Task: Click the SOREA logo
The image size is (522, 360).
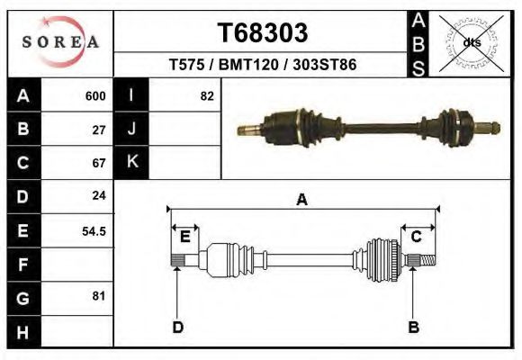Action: coord(60,41)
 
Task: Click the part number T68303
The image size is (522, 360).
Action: coord(263,33)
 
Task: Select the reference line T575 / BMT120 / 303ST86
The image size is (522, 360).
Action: coord(262,66)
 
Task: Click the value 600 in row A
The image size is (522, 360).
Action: coord(95,96)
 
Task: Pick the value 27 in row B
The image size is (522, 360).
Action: coord(99,130)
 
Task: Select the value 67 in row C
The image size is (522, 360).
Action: coord(99,163)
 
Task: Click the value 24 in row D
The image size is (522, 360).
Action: coord(99,195)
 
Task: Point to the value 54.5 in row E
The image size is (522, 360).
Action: coord(94,230)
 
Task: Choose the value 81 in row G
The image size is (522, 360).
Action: coord(99,295)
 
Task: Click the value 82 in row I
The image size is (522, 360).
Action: coord(207,96)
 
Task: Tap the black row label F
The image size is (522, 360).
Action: coord(22,265)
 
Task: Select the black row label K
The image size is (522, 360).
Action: coord(132,162)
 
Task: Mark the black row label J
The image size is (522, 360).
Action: coord(132,130)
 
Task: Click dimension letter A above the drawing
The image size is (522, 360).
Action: coord(301,200)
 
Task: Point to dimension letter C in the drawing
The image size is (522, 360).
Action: coord(417,237)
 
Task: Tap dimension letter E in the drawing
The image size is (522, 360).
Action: coord(184,237)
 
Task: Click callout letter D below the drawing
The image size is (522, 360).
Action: coord(178,327)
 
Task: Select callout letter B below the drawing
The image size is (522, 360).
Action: coord(414,327)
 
